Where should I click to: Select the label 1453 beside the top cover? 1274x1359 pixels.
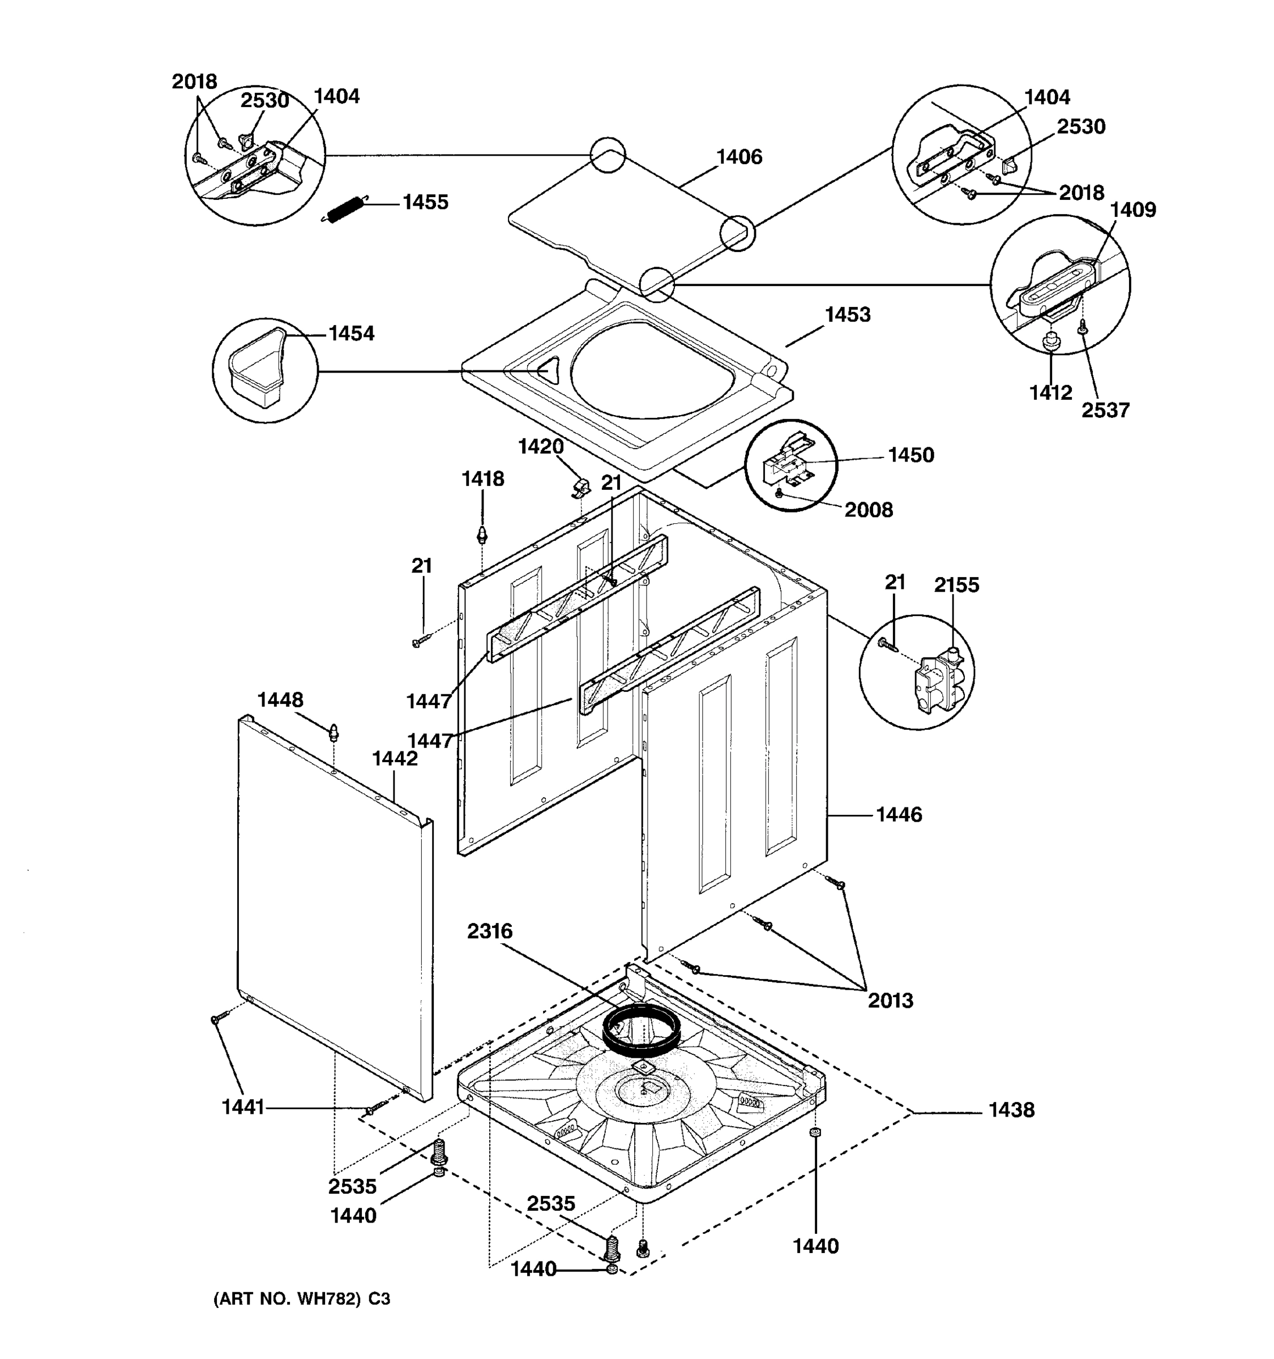pyautogui.click(x=847, y=315)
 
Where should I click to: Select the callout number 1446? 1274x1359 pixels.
pyautogui.click(x=898, y=815)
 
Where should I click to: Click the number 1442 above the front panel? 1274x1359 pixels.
pyautogui.click(x=394, y=759)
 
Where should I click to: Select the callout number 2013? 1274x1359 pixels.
pyautogui.click(x=890, y=1001)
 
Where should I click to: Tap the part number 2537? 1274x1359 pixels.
pyautogui.click(x=1105, y=410)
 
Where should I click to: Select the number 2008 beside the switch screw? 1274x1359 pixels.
pyautogui.click(x=868, y=510)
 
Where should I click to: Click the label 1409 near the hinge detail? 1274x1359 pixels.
pyautogui.click(x=1132, y=210)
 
